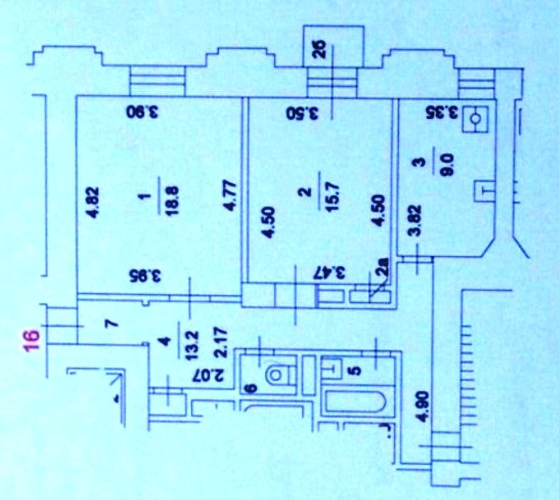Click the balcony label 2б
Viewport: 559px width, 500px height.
pyautogui.click(x=321, y=52)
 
